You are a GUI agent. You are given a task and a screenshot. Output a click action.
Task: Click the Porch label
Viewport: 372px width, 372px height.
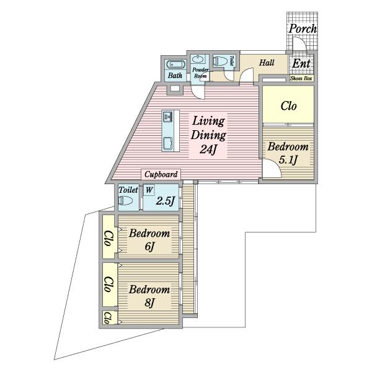pos(303,29)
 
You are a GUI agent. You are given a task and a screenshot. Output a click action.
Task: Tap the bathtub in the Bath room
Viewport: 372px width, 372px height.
pos(176,64)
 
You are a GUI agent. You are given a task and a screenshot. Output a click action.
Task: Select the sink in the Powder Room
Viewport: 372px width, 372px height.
pos(197,59)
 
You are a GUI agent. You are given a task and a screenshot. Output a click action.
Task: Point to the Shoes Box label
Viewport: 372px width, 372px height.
pos(301,78)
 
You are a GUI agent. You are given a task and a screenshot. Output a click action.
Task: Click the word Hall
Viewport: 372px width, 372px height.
pos(267,63)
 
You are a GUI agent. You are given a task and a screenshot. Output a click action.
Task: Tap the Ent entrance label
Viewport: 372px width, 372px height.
pos(301,63)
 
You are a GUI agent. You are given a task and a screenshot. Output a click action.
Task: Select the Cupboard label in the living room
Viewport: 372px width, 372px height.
pos(161,174)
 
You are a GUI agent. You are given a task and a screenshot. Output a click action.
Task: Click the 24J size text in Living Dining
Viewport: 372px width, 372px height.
pos(208,149)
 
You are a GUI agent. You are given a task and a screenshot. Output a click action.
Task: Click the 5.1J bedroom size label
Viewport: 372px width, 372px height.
pos(288,160)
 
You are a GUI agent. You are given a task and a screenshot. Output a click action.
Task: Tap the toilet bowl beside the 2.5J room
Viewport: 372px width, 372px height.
pos(126,201)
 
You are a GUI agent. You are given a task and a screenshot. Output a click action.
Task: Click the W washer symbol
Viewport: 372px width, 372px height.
pos(149,190)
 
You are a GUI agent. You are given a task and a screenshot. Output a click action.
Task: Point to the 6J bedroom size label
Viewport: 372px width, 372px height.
pos(149,247)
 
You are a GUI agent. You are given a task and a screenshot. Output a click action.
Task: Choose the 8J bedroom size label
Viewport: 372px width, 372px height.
pos(149,303)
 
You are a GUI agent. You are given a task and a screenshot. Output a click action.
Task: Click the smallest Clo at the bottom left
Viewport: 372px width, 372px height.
pos(107,318)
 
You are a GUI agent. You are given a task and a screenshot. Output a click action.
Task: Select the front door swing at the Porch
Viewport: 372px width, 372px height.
pos(299,44)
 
